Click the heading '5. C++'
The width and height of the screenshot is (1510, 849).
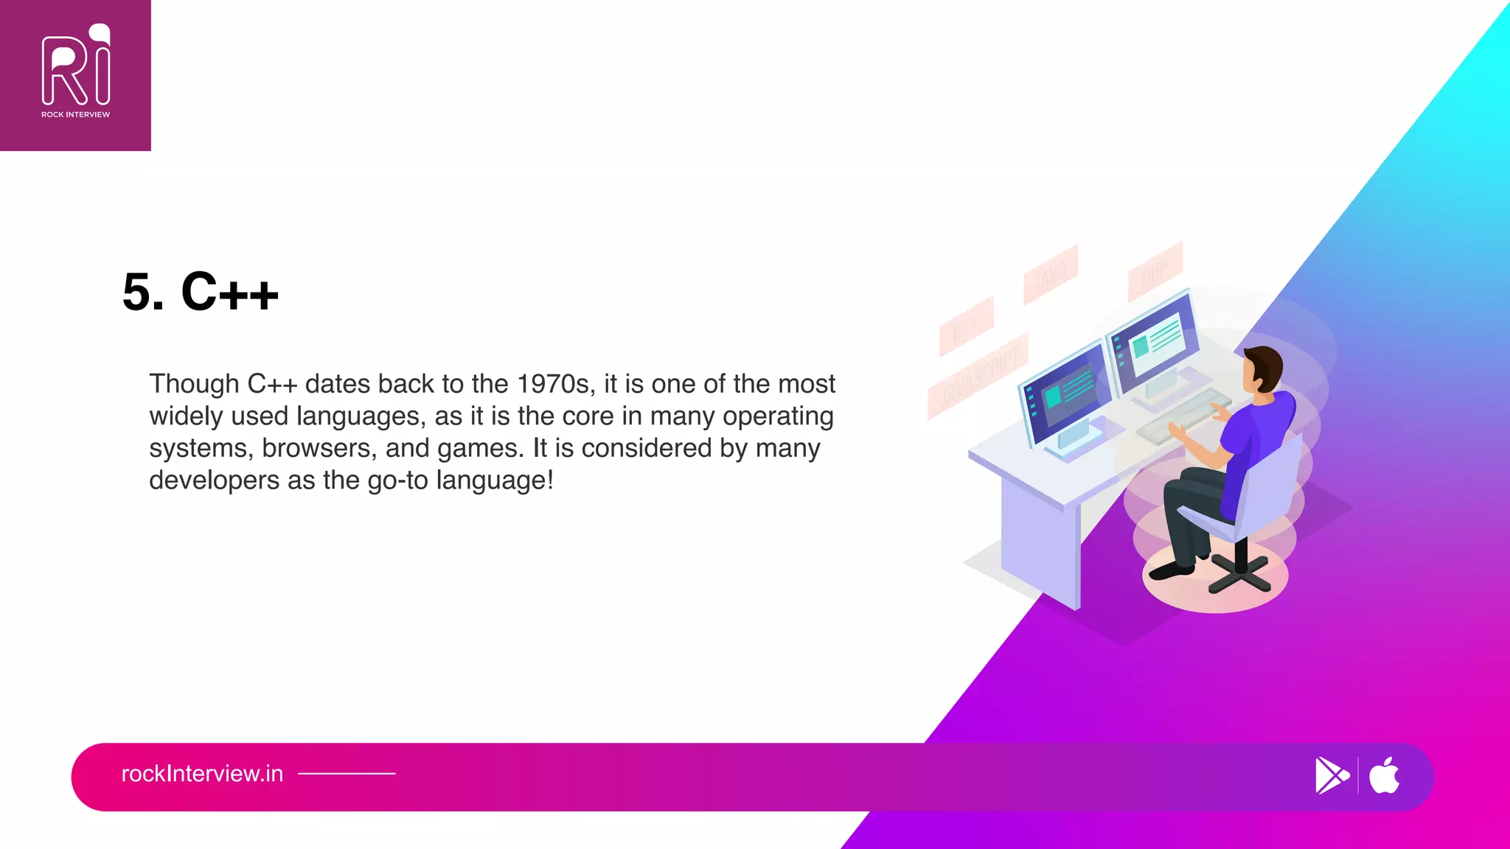[x=201, y=292]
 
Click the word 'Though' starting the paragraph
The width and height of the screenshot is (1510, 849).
[x=194, y=384]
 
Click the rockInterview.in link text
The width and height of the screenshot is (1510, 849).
[x=202, y=774]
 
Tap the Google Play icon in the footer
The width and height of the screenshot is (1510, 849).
[x=1331, y=775]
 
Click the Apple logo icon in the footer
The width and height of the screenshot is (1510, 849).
[x=1384, y=775]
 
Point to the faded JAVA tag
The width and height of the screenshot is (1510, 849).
[x=1051, y=274]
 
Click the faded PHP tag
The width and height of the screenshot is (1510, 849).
[x=1155, y=271]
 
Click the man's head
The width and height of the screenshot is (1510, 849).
[x=1262, y=368]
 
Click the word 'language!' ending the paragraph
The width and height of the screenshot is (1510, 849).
[x=495, y=481]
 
